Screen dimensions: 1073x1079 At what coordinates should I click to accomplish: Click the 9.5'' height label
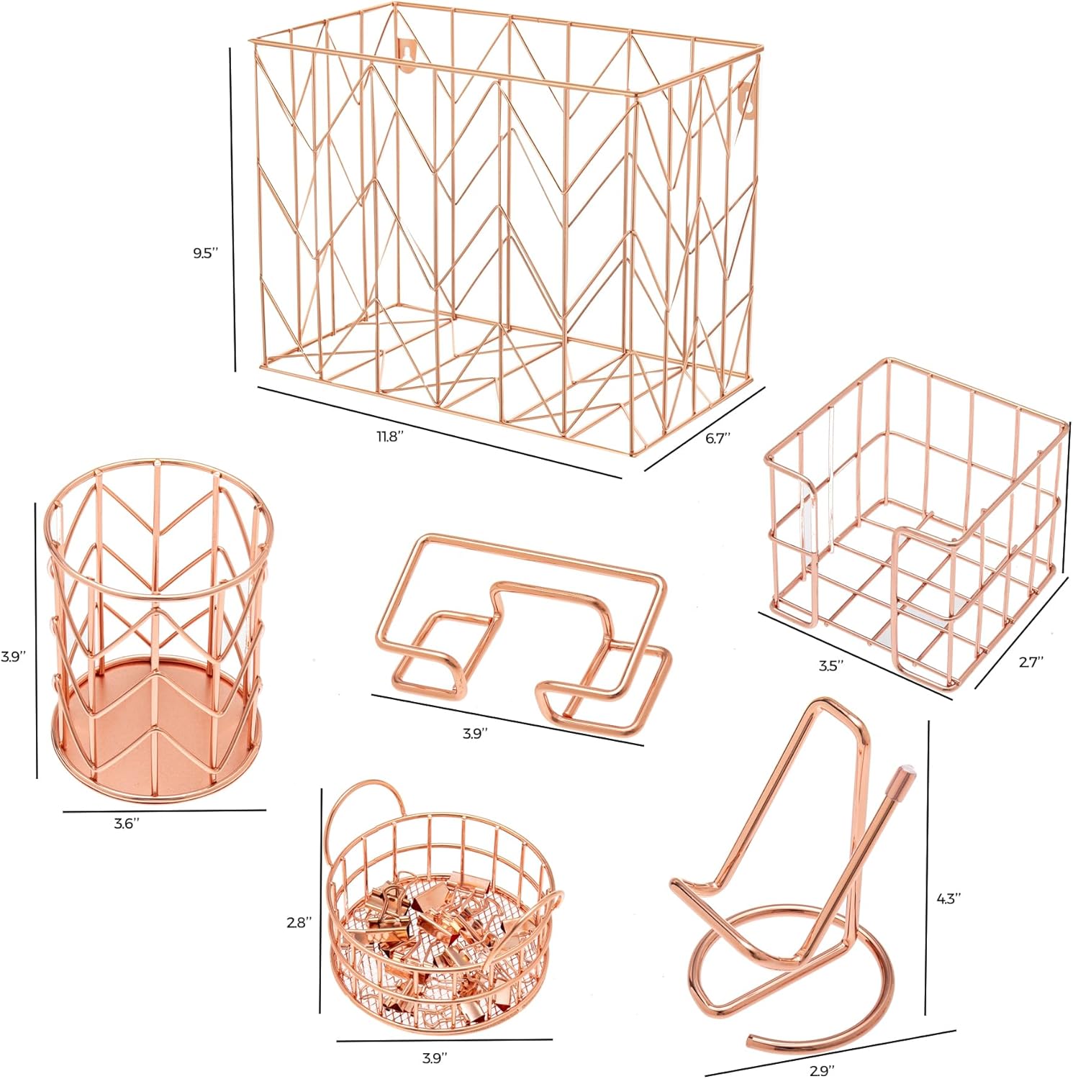pyautogui.click(x=205, y=254)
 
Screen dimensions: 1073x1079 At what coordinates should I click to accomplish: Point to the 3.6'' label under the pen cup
pyautogui.click(x=127, y=824)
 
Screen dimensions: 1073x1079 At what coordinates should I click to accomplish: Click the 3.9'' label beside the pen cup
pyautogui.click(x=13, y=656)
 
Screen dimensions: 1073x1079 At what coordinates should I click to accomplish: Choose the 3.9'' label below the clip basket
pyautogui.click(x=434, y=1057)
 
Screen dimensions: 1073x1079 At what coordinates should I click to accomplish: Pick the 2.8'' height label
pyautogui.click(x=299, y=921)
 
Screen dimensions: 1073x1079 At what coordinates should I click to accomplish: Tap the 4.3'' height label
pyautogui.click(x=949, y=898)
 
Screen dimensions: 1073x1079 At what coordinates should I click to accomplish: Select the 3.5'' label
pyautogui.click(x=831, y=666)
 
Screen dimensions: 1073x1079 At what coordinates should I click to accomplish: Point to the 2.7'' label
pyautogui.click(x=1031, y=663)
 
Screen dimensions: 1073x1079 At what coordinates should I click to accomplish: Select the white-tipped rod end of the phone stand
pyautogui.click(x=900, y=777)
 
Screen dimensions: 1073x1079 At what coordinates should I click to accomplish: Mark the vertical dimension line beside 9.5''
pyautogui.click(x=232, y=209)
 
